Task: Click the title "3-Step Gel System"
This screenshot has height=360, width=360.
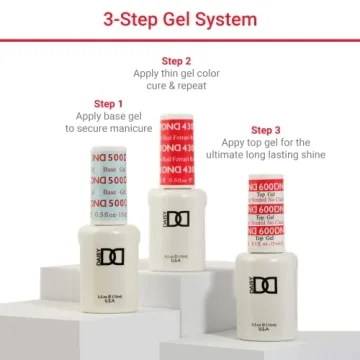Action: tap(180, 17)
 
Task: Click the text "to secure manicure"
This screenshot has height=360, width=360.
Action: tap(108, 128)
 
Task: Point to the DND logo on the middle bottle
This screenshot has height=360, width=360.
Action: tap(177, 217)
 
